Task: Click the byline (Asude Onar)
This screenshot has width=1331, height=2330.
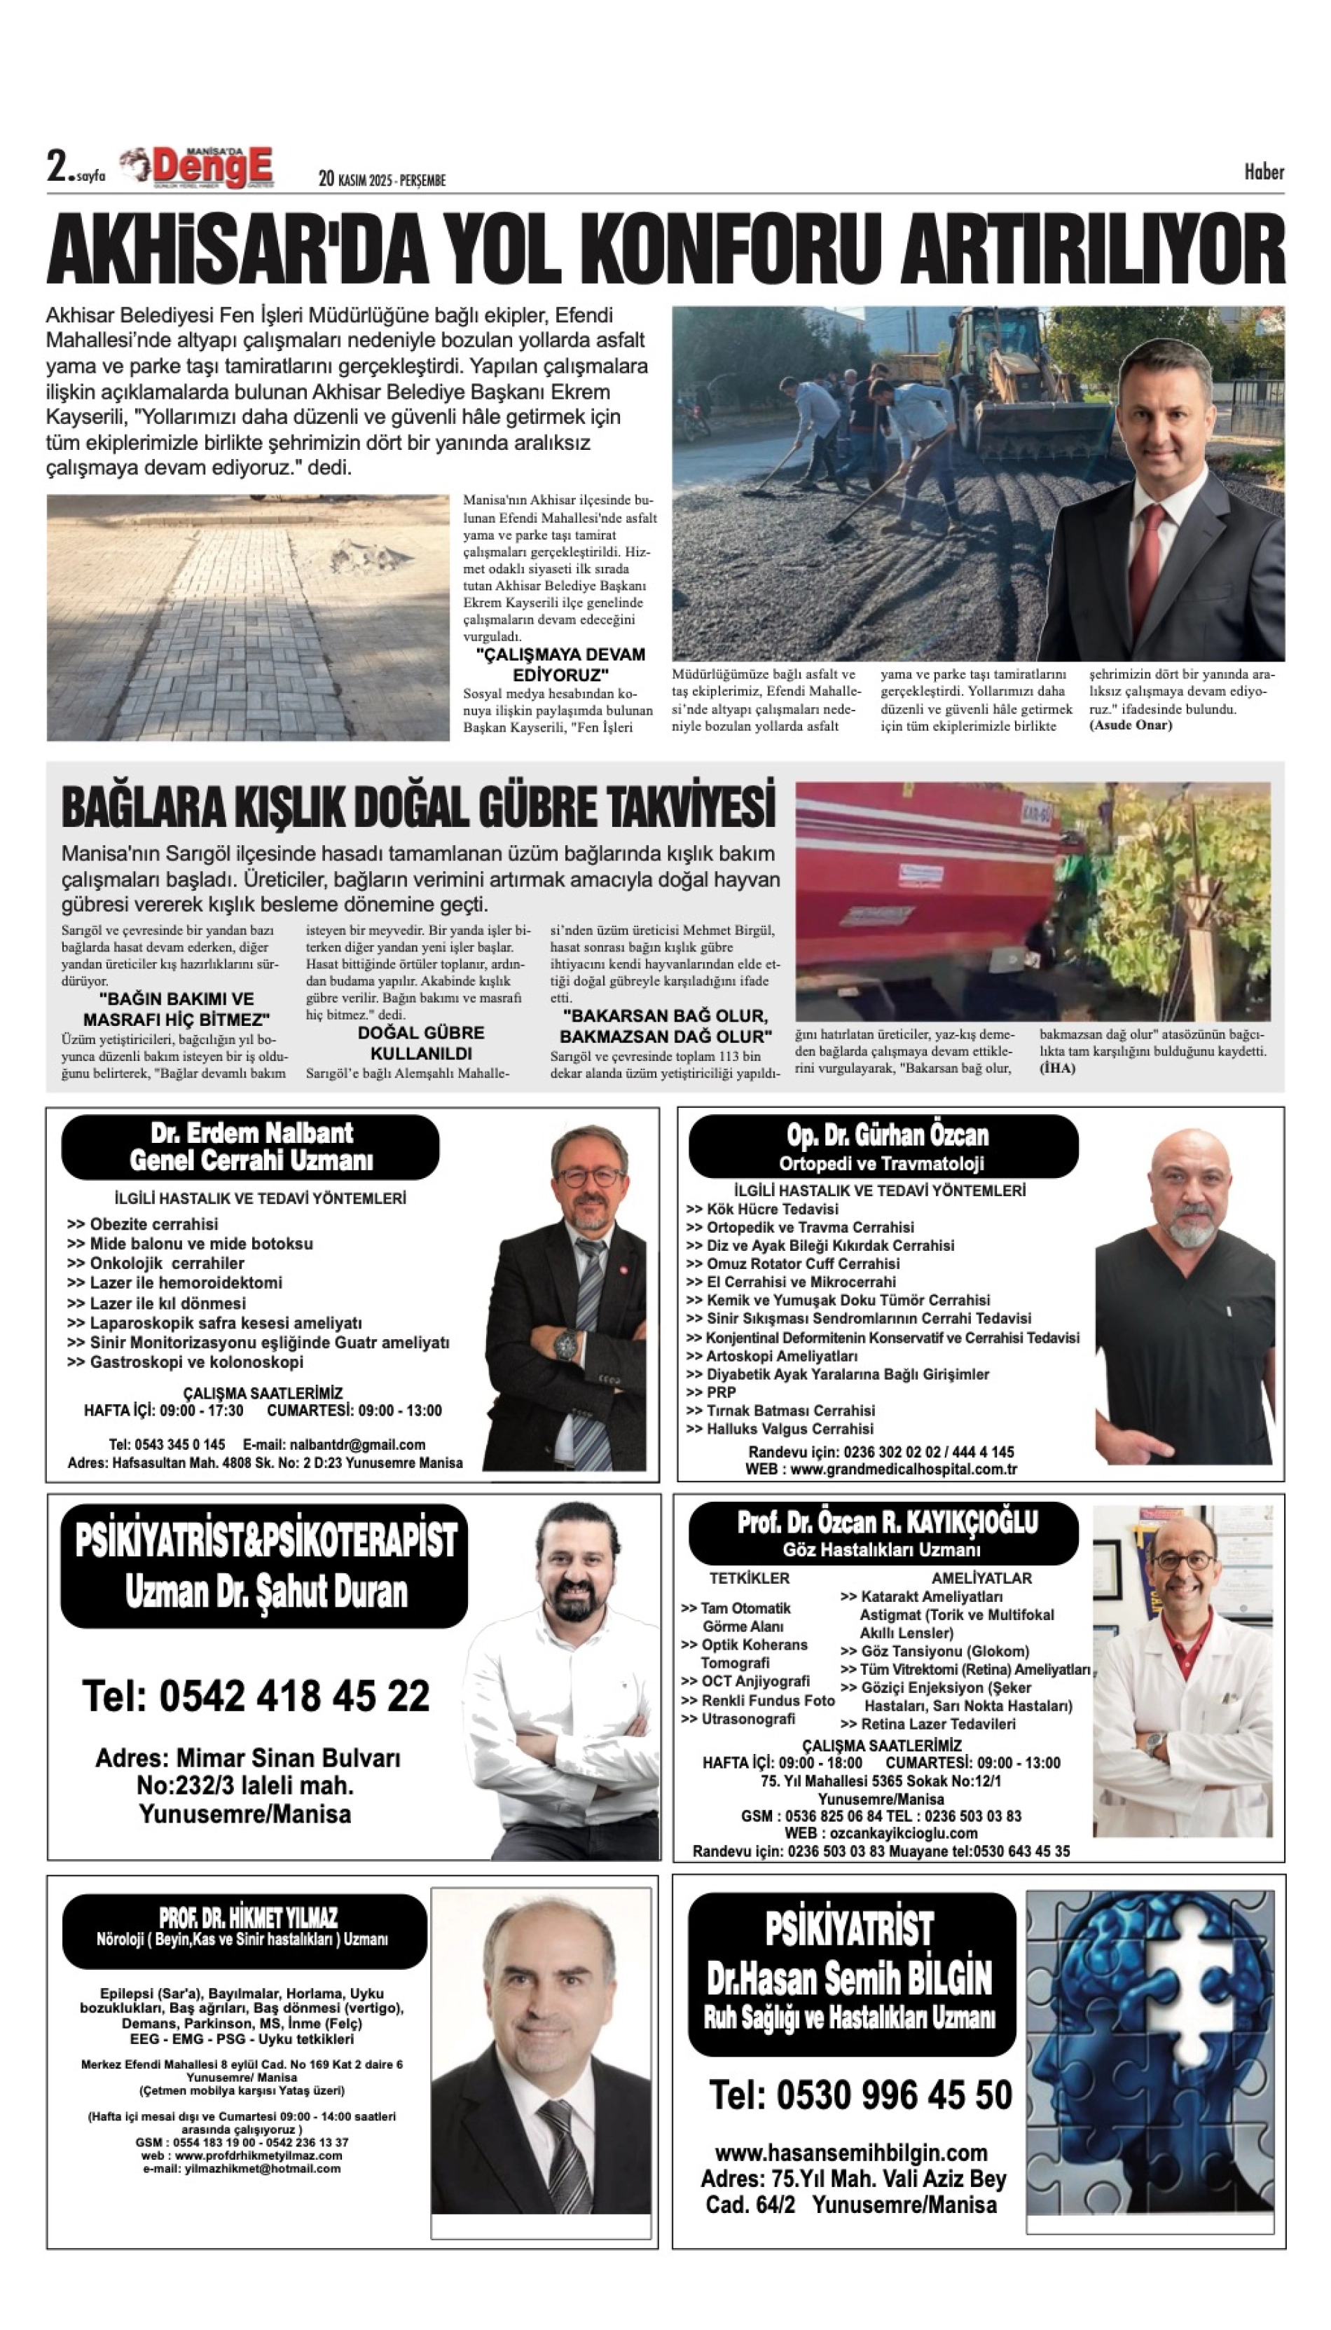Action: [1130, 725]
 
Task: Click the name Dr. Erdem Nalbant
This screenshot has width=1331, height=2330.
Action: [251, 1134]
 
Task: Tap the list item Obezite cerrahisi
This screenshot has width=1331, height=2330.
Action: [153, 1224]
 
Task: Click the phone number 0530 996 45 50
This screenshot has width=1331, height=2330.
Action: [861, 2095]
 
